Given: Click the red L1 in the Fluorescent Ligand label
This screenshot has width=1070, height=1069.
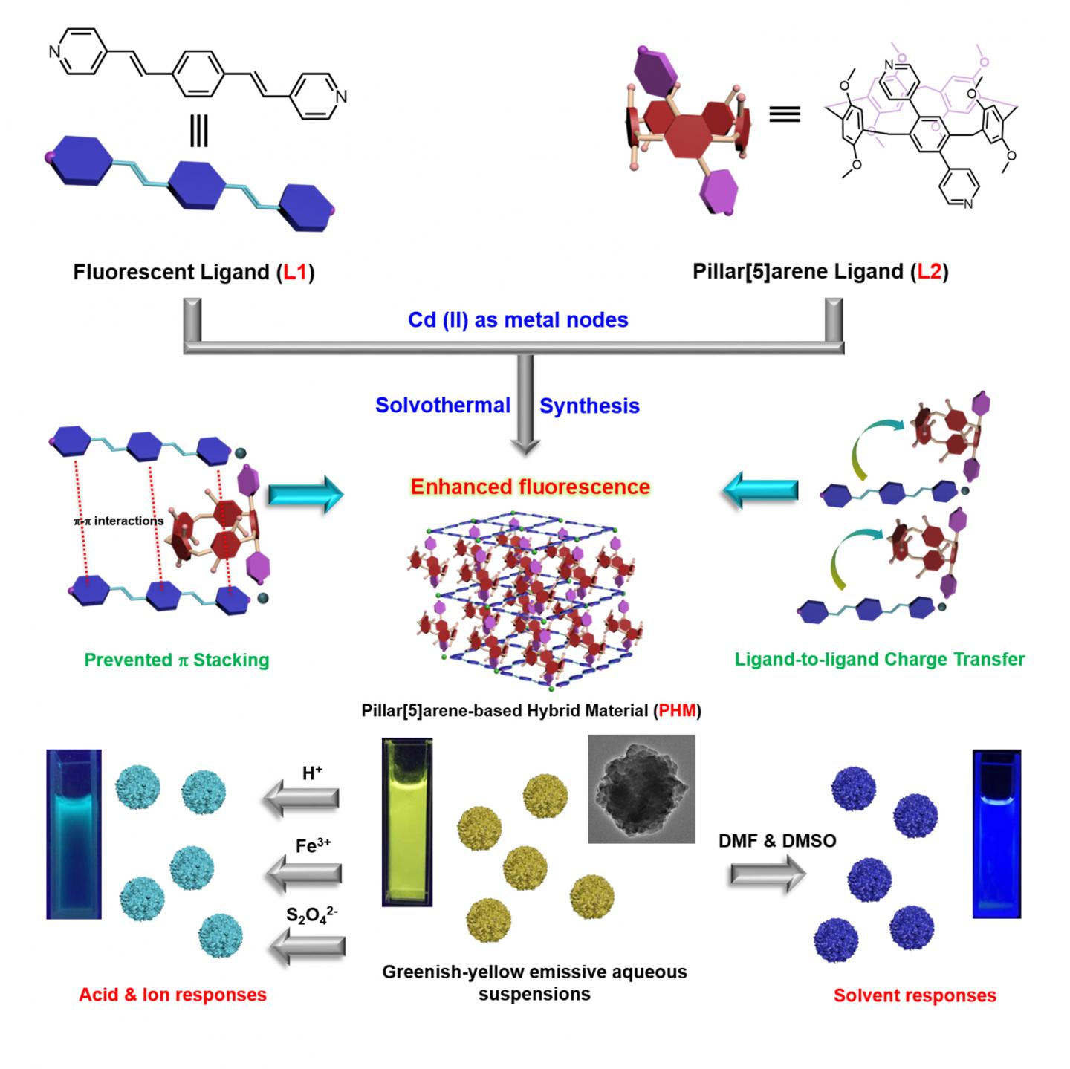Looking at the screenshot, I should tap(295, 273).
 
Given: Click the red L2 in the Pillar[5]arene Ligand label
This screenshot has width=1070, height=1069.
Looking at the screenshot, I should tap(929, 272).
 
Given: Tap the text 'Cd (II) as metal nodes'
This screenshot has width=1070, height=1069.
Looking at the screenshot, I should tap(518, 320).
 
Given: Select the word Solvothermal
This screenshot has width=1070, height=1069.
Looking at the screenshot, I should tap(443, 406).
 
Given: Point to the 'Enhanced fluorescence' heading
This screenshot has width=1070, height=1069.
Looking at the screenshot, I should tap(531, 487).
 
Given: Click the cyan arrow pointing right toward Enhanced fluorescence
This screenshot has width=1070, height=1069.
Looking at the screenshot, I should tap(305, 494).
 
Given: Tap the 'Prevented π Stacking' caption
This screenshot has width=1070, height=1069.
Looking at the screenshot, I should tap(177, 660).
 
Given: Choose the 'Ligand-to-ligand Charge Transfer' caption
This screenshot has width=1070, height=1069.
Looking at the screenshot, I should tap(880, 660).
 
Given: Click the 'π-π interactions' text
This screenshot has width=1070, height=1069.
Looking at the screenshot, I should tap(119, 521).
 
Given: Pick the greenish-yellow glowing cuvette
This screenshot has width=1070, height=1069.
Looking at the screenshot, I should tap(406, 822).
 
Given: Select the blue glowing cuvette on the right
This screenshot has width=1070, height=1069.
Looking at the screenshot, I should tap(996, 834).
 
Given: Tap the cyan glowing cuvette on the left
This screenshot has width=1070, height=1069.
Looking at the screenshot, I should tap(74, 834).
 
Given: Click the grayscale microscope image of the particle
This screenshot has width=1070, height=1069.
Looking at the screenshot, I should tap(641, 789).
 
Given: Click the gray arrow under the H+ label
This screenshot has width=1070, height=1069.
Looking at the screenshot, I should tap(301, 800).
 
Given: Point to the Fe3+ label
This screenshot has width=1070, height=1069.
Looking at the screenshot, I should tap(313, 845).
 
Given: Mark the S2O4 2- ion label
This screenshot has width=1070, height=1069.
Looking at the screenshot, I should tap(312, 914).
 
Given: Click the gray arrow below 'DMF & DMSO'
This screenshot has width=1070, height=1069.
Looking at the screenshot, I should tap(767, 874).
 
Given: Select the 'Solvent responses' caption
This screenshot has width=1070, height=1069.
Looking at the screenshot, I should tap(915, 996).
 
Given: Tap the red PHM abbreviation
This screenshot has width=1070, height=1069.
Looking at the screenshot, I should tap(677, 711).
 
